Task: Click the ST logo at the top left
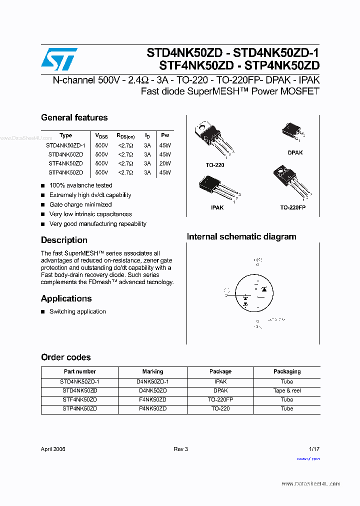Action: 59,60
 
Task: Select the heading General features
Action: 74,117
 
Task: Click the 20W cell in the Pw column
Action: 164,163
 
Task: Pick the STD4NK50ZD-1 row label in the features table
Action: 65,145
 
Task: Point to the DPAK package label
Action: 295,152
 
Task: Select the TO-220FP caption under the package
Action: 292,207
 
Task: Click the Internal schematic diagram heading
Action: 241,236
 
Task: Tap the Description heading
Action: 64,240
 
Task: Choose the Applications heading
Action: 66,298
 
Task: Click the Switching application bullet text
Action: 77,311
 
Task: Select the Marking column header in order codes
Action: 152,371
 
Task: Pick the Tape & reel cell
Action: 287,390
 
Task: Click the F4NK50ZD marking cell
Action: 152,399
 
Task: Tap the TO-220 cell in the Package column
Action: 220,408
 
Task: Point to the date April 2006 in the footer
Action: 53,449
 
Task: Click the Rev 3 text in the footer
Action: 180,449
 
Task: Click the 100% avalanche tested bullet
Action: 80,185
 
